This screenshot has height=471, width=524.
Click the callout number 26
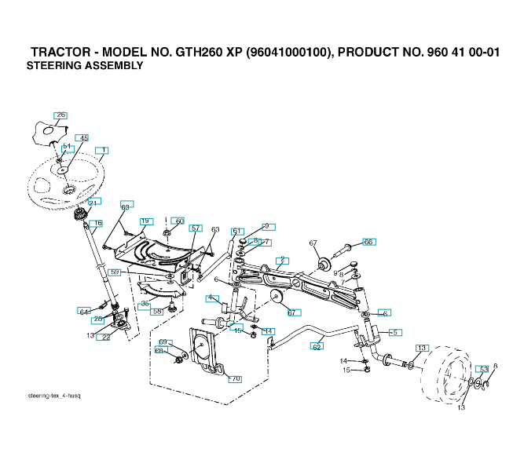pos(60,115)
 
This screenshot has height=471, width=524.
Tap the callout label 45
pos(83,138)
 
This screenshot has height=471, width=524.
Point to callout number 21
pos(93,203)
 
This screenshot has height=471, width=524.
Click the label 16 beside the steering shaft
pos(97,224)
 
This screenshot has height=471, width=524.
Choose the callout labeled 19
pos(145,221)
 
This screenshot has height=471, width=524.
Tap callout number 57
pos(196,228)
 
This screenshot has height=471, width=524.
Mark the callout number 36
pos(145,304)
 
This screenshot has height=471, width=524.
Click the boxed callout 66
pos(368,242)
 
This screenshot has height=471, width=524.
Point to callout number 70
pos(234,379)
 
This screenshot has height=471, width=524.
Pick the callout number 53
pos(483,369)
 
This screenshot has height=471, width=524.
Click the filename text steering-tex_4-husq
pos(54,396)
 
